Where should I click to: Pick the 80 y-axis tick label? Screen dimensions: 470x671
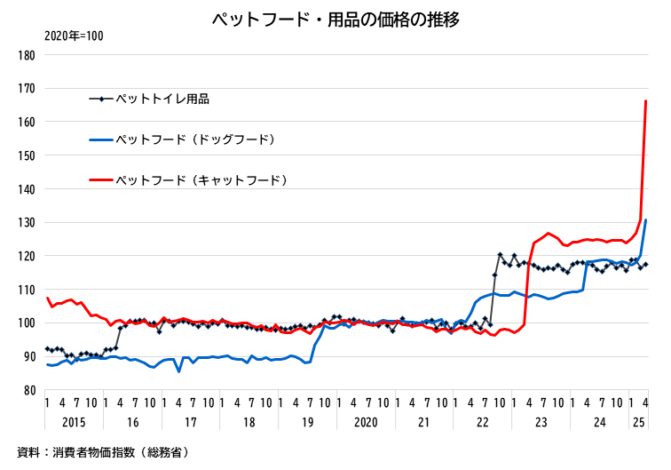pyautogui.click(x=28, y=389)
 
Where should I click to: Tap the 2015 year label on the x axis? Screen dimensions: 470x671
pyautogui.click(x=74, y=421)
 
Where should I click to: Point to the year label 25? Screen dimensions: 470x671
pyautogui.click(x=638, y=421)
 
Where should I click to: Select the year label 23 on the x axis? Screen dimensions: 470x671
pyautogui.click(x=541, y=421)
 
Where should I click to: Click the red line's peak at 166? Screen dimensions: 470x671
pyautogui.click(x=645, y=101)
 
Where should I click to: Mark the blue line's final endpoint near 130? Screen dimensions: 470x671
pyautogui.click(x=646, y=220)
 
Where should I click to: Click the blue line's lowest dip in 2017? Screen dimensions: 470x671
pyautogui.click(x=178, y=371)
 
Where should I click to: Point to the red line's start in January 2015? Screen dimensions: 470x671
pyautogui.click(x=47, y=298)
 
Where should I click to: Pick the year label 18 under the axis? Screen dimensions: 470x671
pyautogui.click(x=249, y=421)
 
